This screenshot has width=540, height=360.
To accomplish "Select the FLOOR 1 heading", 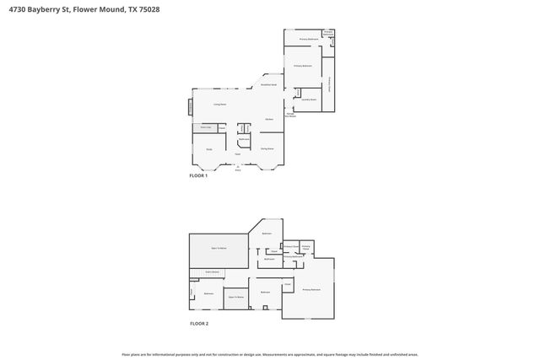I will [x=198, y=175].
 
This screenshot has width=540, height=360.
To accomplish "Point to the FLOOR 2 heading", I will [x=198, y=324].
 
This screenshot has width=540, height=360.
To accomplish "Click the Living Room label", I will [x=219, y=104].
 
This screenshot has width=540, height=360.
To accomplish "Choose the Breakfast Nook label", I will [x=269, y=85].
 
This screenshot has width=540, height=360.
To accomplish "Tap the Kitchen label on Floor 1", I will [x=268, y=120].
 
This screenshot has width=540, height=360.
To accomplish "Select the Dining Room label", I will [x=267, y=148].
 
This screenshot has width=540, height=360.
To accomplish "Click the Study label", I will [x=209, y=148].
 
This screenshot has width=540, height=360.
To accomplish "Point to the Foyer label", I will [x=238, y=153].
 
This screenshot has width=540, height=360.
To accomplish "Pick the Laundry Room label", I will [x=309, y=99].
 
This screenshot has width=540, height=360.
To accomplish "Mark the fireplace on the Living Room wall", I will [x=190, y=106].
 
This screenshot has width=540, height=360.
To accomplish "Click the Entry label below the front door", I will [x=238, y=169].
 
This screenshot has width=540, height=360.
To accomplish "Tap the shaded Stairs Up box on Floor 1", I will [x=205, y=127].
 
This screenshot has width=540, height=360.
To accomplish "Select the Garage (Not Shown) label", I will [x=290, y=115].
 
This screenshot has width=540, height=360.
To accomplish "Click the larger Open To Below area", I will [x=219, y=249].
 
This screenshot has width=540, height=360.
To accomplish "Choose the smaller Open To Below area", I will [x=235, y=298].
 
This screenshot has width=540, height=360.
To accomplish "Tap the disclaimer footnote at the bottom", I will [x=270, y=354].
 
